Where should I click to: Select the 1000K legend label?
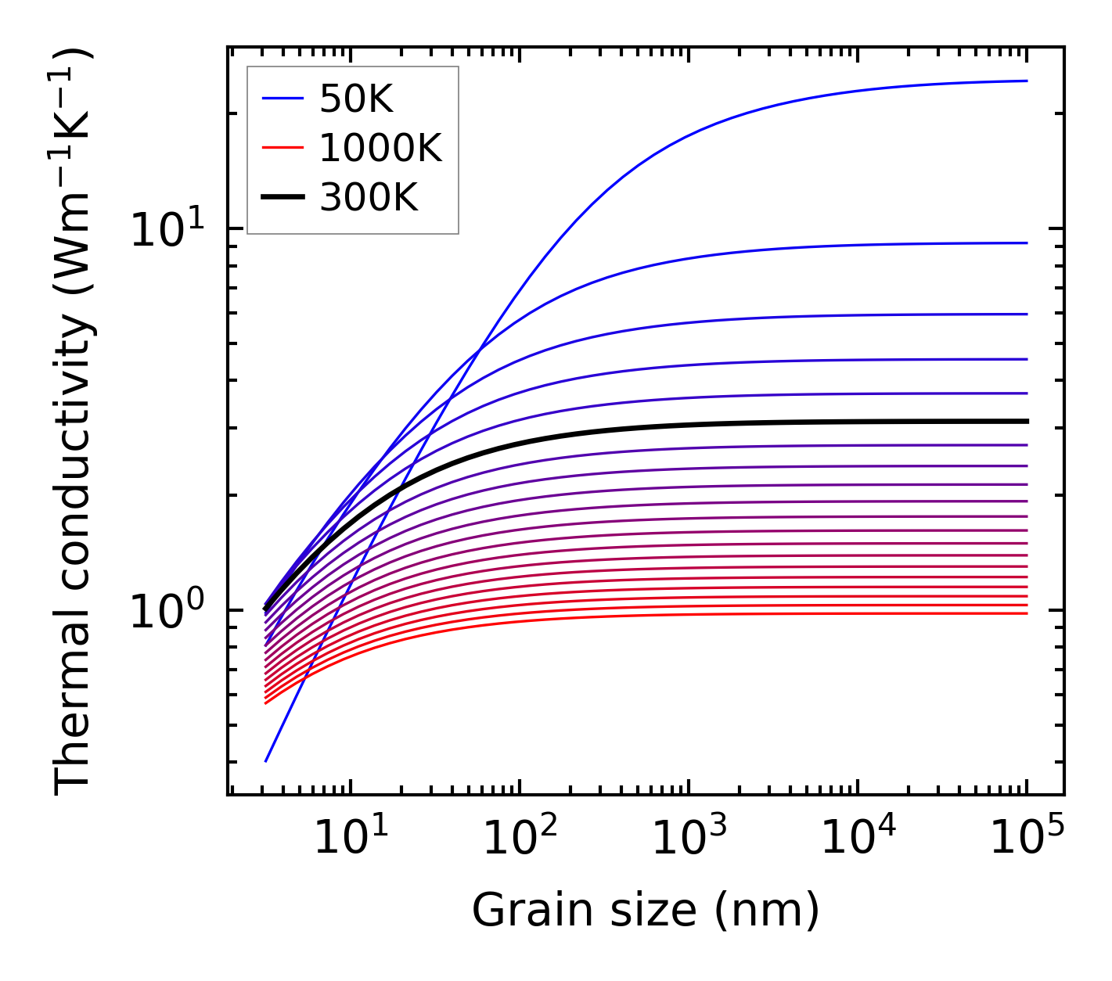point(380,148)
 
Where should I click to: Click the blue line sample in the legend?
point(282,99)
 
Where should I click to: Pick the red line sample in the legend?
point(282,148)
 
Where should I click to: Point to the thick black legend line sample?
point(282,198)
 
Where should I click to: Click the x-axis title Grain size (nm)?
point(646,910)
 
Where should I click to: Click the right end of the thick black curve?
point(1026,421)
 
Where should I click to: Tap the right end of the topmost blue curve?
point(1026,81)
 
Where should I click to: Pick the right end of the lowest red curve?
point(1026,613)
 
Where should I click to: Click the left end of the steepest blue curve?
point(266,760)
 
